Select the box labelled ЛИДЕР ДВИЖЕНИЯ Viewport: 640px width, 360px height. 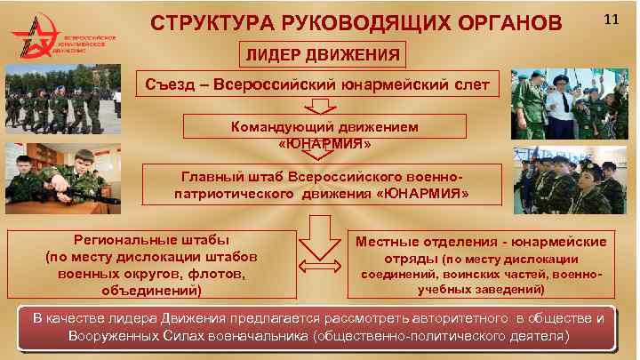click(320, 55)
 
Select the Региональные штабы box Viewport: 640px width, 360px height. click(150, 264)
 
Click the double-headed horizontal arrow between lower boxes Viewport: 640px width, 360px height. click(316, 264)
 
